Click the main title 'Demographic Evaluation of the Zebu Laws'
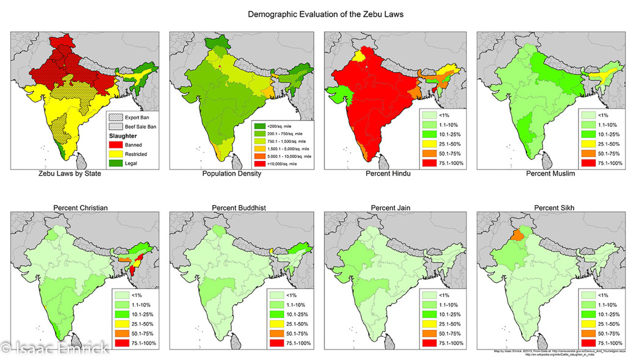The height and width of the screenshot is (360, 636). point(317,13)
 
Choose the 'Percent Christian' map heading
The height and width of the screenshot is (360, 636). point(81,208)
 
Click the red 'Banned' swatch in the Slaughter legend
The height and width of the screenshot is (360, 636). point(115,145)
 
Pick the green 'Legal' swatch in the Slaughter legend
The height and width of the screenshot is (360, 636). point(115,163)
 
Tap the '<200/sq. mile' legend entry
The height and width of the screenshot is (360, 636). point(283,125)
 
